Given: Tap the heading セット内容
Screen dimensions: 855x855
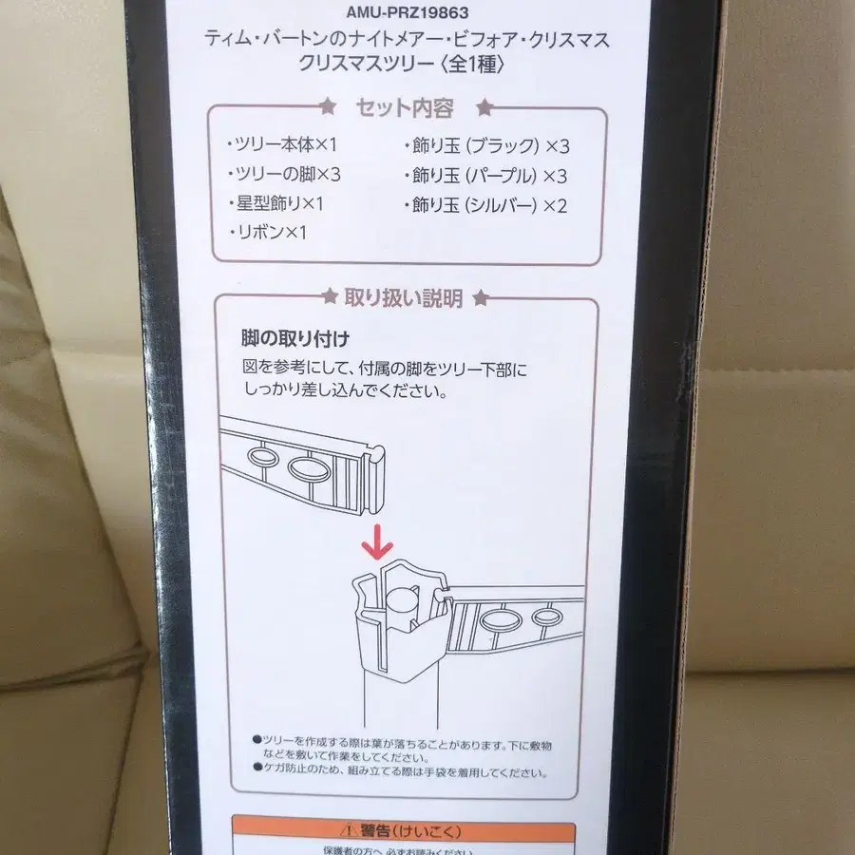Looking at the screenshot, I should (404, 108).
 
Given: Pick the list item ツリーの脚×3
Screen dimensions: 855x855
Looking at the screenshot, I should (283, 174).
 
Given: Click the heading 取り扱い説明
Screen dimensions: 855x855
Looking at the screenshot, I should (404, 299).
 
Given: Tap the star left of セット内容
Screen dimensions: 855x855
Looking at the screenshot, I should (328, 107).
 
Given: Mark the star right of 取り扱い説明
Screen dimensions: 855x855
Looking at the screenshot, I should (481, 298).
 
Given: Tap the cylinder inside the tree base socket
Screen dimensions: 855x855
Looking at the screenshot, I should (402, 608).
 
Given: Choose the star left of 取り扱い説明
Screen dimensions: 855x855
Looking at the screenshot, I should (329, 298).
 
